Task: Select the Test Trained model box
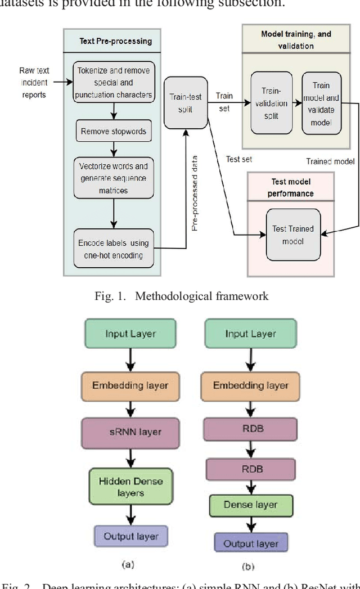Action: click(292, 234)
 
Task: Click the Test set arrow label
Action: click(238, 159)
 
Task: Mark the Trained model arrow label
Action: click(330, 161)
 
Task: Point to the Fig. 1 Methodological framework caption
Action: click(180, 296)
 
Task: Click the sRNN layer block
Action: click(130, 432)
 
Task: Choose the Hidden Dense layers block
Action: click(130, 487)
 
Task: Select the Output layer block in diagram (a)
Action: click(130, 536)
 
